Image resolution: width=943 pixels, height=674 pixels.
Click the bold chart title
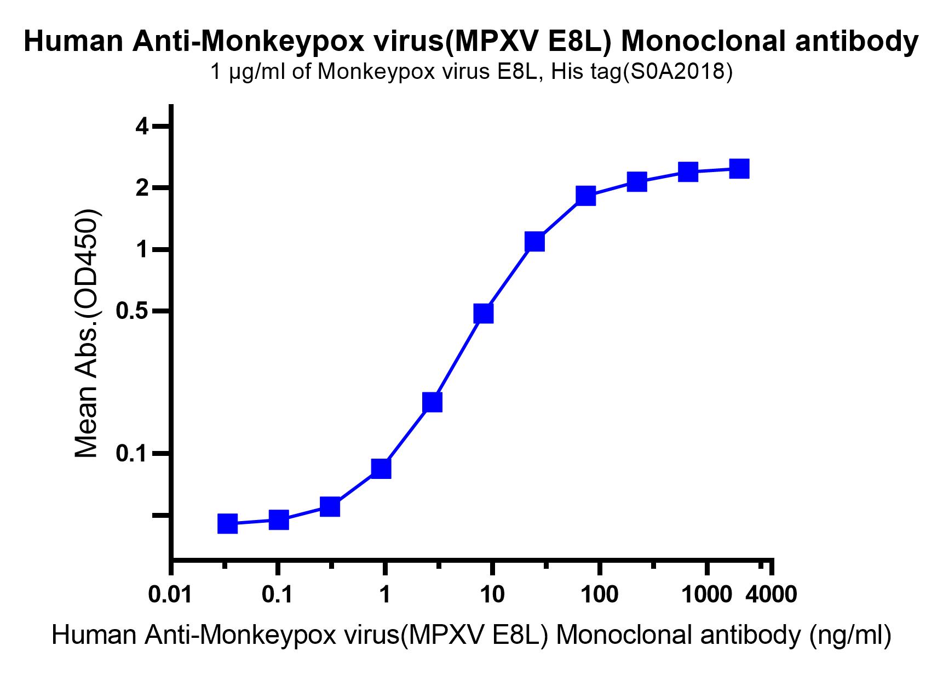coord(471,42)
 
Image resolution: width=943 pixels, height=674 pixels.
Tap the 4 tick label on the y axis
coord(142,127)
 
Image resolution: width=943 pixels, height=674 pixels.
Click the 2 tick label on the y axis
coord(142,189)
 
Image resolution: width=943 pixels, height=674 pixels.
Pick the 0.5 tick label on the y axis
coord(134,311)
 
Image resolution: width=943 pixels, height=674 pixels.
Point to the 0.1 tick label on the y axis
coord(134,454)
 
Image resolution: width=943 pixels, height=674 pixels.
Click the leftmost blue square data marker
coord(227,524)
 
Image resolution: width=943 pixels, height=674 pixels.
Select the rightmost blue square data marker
coord(739,169)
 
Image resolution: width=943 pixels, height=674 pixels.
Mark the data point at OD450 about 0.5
coord(484,313)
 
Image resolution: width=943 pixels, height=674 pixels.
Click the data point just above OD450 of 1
coord(535,241)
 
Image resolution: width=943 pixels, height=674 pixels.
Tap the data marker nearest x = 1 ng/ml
coord(381,469)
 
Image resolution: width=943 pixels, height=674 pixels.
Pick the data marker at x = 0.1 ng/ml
coord(279,519)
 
